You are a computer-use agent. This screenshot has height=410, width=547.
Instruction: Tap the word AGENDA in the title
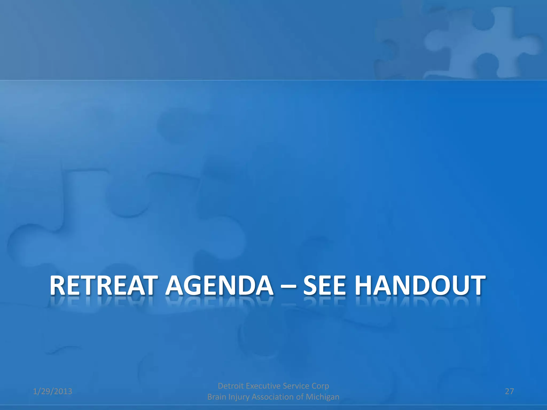(x=219, y=286)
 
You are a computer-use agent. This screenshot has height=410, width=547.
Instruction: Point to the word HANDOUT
(x=421, y=286)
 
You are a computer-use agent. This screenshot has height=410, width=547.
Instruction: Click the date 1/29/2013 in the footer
(x=53, y=391)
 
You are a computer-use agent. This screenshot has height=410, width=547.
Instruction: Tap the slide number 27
(x=509, y=391)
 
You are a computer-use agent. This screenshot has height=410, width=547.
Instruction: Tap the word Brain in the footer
(x=217, y=397)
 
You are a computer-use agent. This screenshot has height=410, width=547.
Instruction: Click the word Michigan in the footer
(x=322, y=397)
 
